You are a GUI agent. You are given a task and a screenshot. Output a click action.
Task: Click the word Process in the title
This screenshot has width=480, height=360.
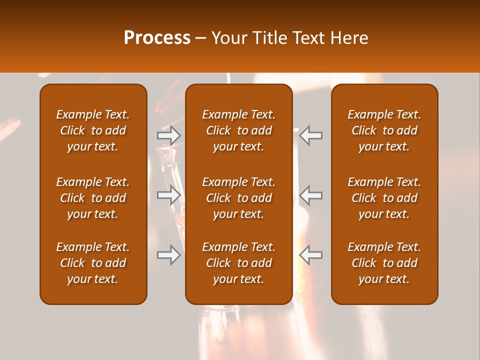click(x=157, y=38)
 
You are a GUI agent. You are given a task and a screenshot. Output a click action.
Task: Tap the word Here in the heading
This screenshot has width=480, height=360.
click(x=349, y=38)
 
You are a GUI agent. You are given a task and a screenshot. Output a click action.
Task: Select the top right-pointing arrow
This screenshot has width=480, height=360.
click(x=168, y=135)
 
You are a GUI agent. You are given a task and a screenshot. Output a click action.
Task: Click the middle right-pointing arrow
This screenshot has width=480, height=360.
click(x=168, y=195)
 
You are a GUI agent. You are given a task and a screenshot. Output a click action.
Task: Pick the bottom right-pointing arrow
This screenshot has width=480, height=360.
click(x=168, y=255)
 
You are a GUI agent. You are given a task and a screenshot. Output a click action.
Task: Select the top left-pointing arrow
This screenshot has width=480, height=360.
click(x=311, y=135)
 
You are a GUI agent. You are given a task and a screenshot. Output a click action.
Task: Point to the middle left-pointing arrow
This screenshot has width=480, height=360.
click(x=311, y=195)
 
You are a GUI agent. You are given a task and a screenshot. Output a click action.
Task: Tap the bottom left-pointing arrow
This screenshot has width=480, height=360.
click(x=311, y=255)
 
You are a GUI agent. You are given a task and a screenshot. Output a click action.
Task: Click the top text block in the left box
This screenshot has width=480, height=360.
click(x=93, y=130)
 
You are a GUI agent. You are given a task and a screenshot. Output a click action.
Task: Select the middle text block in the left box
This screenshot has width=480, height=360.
click(x=93, y=198)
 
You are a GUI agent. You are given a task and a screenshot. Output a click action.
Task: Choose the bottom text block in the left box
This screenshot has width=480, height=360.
click(x=93, y=263)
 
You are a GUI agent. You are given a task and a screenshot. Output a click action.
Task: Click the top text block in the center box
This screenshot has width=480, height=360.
click(x=239, y=130)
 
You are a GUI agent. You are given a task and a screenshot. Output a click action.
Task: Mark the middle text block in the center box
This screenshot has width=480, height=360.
click(x=239, y=198)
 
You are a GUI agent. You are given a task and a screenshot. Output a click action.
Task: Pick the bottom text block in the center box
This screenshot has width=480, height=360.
click(x=239, y=263)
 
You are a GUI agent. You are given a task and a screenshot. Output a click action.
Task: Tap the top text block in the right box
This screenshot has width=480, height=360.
click(x=384, y=130)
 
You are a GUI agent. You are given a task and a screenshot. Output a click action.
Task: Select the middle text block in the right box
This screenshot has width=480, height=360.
click(x=384, y=198)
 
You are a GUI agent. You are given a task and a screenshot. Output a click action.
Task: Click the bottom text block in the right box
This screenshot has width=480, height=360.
click(x=384, y=263)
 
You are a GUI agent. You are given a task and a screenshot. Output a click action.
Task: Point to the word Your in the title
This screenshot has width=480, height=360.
click(x=228, y=38)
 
